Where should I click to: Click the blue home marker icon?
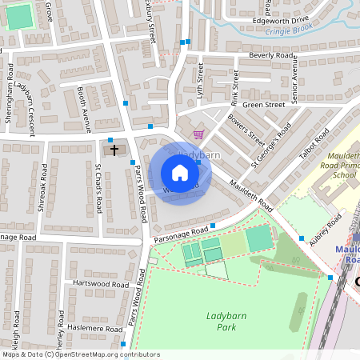tap(180, 173)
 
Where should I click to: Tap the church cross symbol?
tap(114, 150)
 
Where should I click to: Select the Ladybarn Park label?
tap(225, 321)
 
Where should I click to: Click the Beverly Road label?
tap(271, 55)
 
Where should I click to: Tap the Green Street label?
tap(264, 105)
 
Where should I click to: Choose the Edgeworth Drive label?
tap(279, 19)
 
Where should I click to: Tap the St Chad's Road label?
tap(98, 189)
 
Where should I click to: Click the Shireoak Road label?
tap(43, 196)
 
